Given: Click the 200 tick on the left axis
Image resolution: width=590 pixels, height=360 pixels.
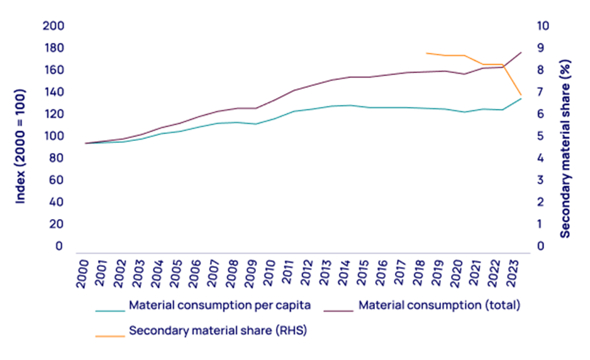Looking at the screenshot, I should (x=55, y=26).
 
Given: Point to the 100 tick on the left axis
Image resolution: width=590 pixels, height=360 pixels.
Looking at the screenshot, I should (x=55, y=136).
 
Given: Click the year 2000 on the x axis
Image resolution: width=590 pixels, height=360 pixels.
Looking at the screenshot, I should (x=82, y=274).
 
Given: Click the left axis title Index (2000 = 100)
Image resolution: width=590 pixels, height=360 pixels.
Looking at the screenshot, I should (x=21, y=144).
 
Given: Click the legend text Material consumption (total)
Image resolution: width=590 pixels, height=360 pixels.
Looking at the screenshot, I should (x=439, y=306).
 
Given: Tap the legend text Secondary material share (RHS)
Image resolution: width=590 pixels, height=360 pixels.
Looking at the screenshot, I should (x=217, y=330).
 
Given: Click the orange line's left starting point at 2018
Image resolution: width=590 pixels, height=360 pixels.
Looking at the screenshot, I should (x=426, y=53).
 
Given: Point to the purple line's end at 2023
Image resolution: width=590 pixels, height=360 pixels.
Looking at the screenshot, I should (x=521, y=52).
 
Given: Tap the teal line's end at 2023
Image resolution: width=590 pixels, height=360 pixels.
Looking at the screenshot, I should (x=521, y=98).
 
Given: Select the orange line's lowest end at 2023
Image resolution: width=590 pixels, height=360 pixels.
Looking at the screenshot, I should (x=521, y=94).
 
